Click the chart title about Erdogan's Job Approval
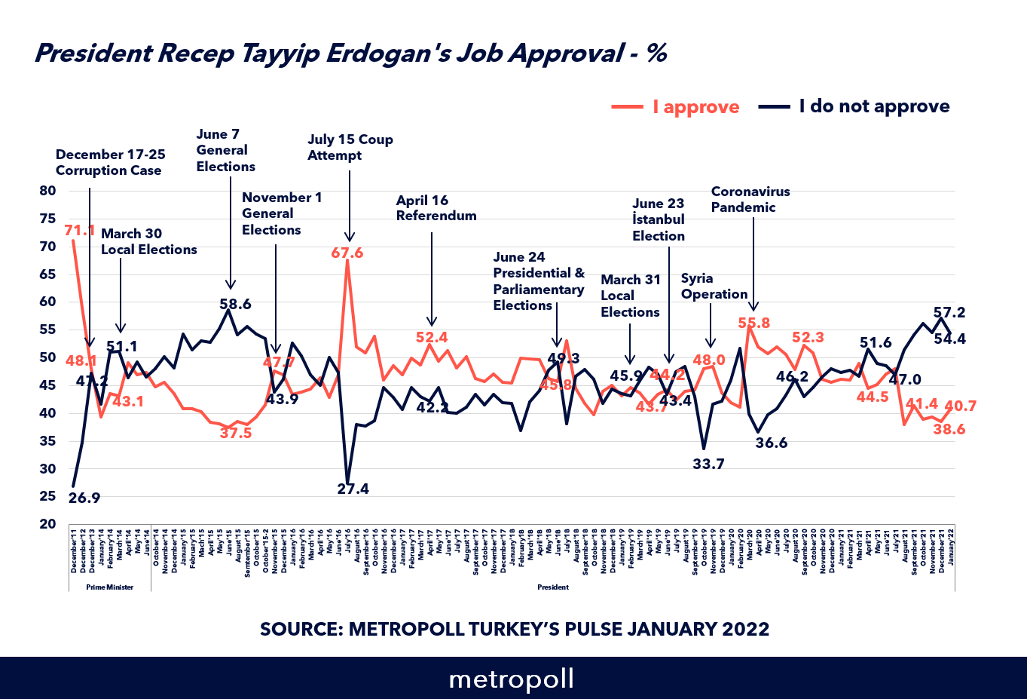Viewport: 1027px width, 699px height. pos(350,54)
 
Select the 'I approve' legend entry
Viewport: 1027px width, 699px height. pos(676,107)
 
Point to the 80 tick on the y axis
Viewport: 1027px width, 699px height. pos(47,191)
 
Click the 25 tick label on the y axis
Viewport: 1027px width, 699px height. pos(47,496)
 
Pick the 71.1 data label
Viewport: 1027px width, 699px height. pos(80,231)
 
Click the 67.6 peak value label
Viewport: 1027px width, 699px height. pos(347,253)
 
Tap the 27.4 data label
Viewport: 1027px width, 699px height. pos(353,489)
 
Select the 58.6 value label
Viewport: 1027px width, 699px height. pos(235,305)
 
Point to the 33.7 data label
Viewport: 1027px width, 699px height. pos(708,464)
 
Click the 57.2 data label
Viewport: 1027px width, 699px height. pos(949,312)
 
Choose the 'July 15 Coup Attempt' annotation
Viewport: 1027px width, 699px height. pos(350,147)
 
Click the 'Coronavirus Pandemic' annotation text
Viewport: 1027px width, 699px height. pos(750,199)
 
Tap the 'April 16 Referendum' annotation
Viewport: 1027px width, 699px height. pos(436,208)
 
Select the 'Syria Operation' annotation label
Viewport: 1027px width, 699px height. pos(714,286)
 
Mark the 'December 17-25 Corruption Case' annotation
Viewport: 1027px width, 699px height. pos(110,162)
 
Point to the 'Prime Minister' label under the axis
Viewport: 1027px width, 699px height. pos(109,587)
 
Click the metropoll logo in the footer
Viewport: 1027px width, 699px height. pos(512,679)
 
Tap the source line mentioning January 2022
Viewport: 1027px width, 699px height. pos(515,629)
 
